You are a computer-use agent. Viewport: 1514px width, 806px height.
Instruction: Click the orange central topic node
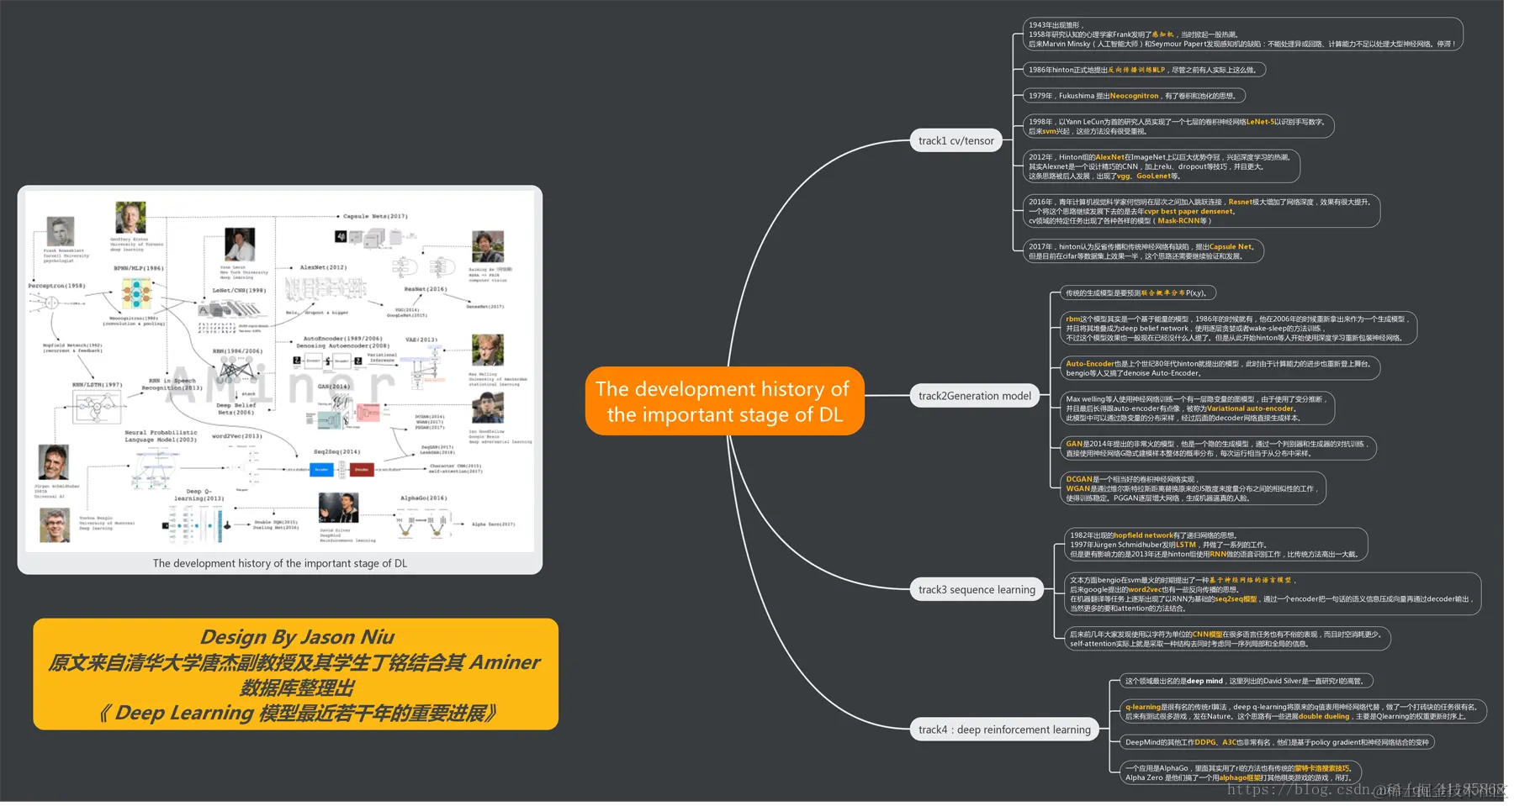[x=724, y=401]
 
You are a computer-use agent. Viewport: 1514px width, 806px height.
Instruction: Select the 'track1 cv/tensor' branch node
[x=956, y=140]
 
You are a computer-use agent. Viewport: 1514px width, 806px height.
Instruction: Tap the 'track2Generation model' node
[x=974, y=396]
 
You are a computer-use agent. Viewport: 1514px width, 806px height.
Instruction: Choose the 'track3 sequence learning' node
[x=976, y=589]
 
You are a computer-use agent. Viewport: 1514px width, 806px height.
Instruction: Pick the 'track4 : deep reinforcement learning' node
[x=1003, y=730]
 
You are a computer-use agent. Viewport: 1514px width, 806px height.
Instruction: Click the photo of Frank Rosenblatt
[x=60, y=231]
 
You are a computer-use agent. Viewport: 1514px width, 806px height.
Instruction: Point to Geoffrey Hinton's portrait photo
[x=130, y=218]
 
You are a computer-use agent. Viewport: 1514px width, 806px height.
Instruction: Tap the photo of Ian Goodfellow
[x=487, y=408]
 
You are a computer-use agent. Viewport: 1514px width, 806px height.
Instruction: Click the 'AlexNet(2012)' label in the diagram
[x=323, y=267]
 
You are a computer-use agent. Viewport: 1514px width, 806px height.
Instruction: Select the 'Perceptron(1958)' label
[x=56, y=286]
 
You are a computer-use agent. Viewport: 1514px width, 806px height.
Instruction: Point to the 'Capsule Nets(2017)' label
[x=375, y=216]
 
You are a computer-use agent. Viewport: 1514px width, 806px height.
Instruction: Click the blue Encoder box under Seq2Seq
[x=321, y=469]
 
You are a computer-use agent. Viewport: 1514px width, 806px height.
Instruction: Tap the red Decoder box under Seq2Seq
[x=362, y=469]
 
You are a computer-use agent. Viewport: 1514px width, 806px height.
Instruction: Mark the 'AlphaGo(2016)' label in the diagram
[x=423, y=498]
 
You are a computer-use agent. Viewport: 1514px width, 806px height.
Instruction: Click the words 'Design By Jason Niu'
[x=297, y=637]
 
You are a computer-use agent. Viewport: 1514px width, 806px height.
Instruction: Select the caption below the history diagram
[x=279, y=563]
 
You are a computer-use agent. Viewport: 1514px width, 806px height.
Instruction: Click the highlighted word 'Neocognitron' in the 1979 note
[x=1134, y=96]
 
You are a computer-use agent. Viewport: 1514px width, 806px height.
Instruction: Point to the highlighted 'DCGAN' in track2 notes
[x=1078, y=479]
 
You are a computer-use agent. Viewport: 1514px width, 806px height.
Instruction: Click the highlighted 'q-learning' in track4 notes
[x=1142, y=707]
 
